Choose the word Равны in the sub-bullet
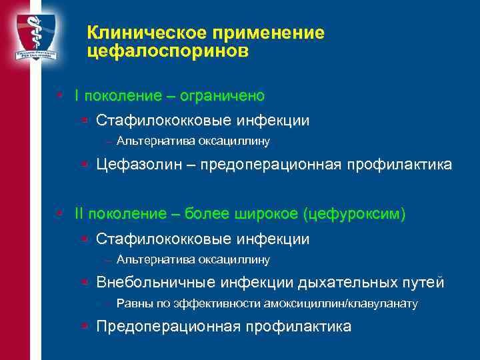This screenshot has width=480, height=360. tap(131, 304)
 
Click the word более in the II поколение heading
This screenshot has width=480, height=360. tap(208, 215)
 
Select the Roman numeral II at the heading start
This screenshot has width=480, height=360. tap(79, 215)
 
